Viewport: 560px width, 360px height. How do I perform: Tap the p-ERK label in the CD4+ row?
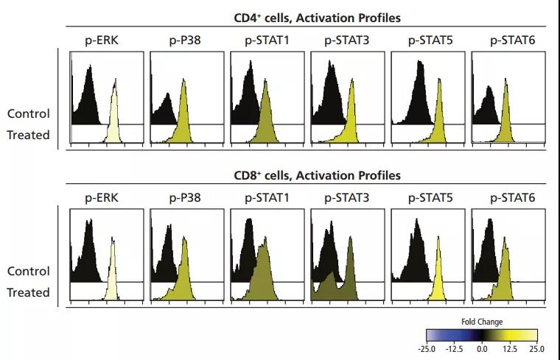(102, 40)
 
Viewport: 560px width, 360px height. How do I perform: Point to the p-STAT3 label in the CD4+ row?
(347, 40)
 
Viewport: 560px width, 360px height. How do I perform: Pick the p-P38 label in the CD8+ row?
(185, 198)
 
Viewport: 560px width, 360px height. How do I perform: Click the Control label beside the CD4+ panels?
(29, 113)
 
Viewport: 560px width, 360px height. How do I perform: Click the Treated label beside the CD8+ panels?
(29, 292)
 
